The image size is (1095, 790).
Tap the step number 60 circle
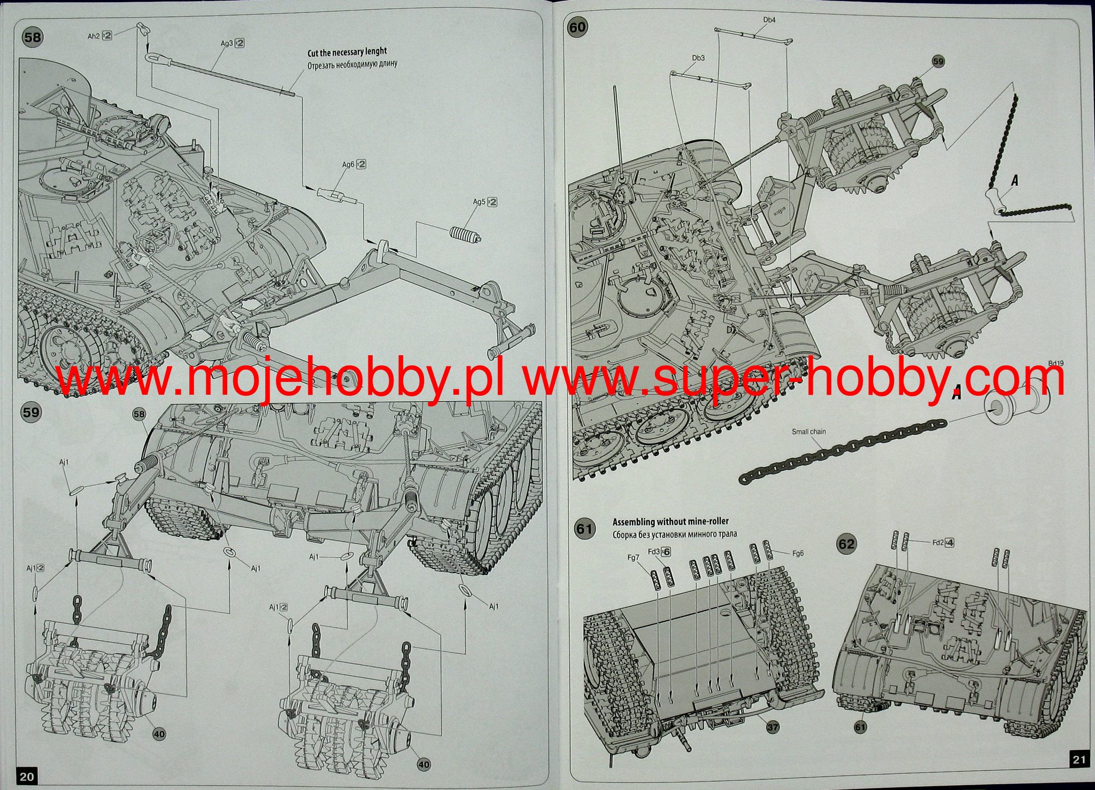pos(577,27)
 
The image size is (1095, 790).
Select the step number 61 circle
pos(584,529)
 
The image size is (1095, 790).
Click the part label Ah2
pos(94,36)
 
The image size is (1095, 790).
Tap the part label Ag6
pos(349,165)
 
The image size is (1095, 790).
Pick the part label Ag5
pos(479,202)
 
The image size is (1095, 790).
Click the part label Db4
pos(769,20)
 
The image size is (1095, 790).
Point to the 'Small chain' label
pos(808,431)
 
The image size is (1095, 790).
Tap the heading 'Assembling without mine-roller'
pos(670,522)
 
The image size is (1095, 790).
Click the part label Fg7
pos(633,558)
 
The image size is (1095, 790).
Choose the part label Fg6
pos(798,553)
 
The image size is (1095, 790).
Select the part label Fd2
pos(938,543)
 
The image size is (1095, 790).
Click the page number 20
pos(27,776)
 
